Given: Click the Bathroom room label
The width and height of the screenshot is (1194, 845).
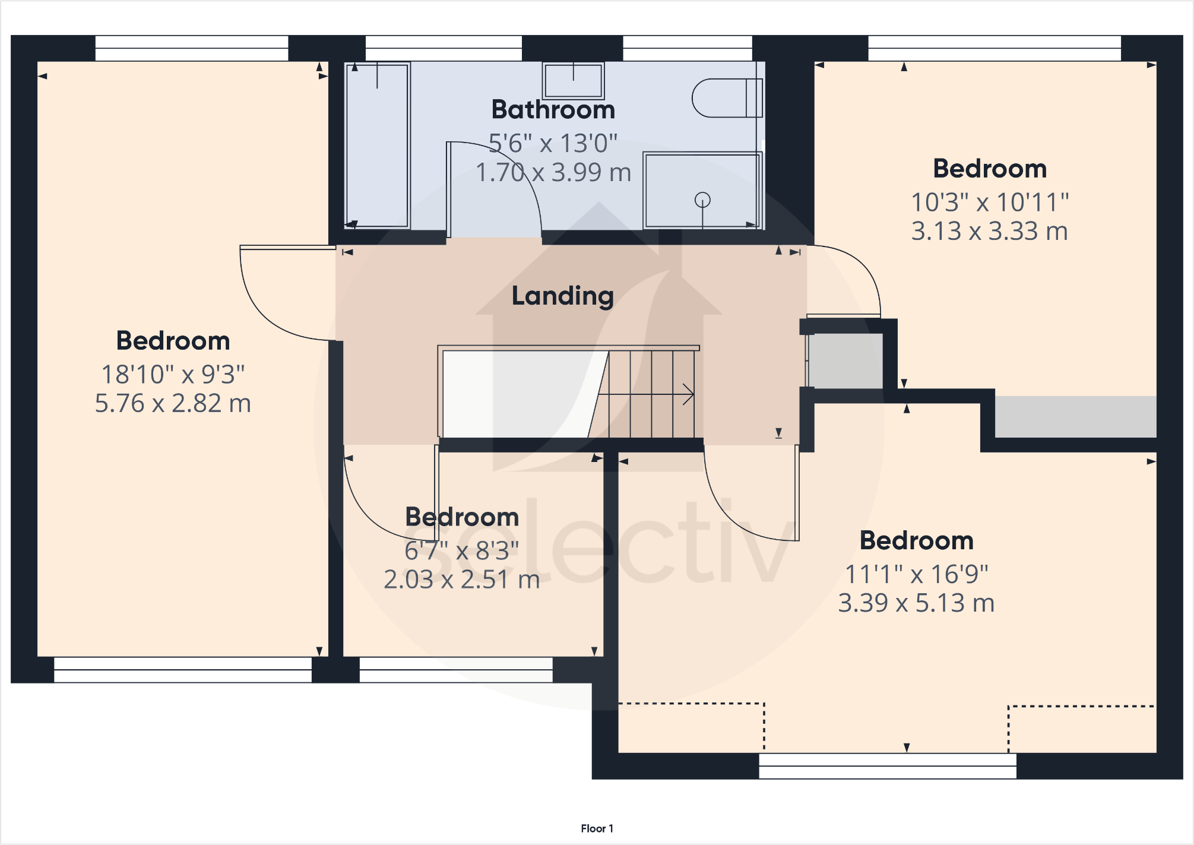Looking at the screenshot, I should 553,110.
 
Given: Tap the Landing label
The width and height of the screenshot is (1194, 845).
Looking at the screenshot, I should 562,296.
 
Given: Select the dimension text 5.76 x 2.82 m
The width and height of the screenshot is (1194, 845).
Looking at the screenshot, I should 173,403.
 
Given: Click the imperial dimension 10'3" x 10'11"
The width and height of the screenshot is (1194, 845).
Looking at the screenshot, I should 990,202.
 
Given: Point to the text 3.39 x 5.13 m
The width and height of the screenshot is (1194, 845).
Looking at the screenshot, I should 916,603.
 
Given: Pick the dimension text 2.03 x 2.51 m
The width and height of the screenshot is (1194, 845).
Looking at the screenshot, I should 461,580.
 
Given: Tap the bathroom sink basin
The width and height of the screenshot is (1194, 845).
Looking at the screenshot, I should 573,81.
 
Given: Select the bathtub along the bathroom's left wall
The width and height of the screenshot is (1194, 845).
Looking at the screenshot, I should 377,145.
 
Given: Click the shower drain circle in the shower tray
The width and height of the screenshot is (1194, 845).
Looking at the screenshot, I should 702,200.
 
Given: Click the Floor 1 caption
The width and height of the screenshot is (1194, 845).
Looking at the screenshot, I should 597,828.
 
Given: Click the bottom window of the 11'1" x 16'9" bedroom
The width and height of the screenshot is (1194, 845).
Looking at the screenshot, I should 888,766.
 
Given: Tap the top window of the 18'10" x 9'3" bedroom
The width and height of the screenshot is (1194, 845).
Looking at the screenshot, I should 192,48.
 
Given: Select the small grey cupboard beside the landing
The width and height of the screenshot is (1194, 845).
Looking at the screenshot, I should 845,361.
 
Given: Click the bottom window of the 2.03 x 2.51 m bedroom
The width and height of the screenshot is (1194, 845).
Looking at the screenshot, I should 456,670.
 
